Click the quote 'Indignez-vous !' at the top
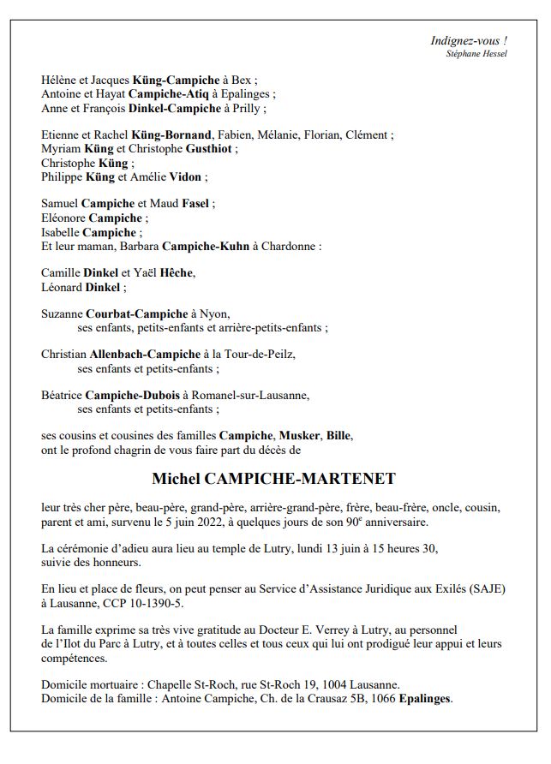coord(469,40)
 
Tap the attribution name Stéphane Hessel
coord(476,54)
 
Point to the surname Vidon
coord(188,176)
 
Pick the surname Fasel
coord(195,204)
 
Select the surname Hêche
coord(177,273)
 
